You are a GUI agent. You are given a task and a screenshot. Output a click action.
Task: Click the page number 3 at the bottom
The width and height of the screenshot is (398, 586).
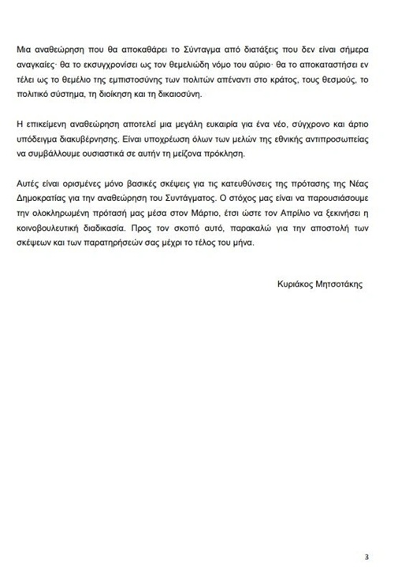(x=366, y=557)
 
